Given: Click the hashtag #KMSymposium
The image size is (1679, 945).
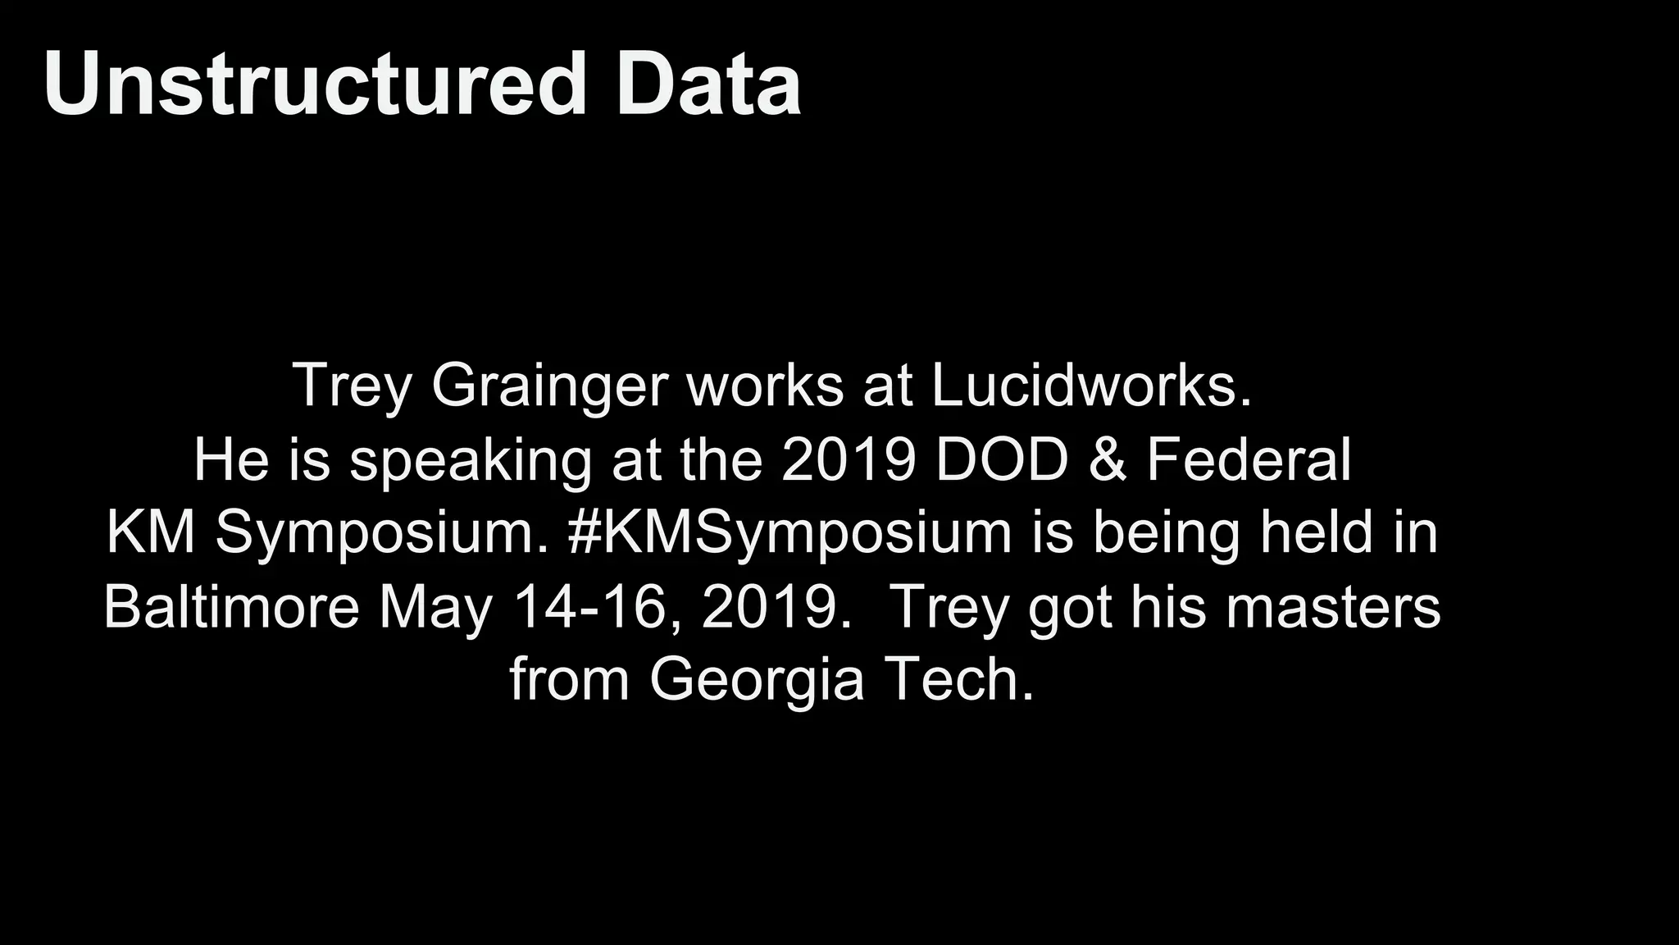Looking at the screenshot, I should tap(789, 534).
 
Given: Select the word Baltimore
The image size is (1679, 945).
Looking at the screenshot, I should tap(232, 607).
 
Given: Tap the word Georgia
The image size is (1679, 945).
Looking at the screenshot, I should tap(757, 681).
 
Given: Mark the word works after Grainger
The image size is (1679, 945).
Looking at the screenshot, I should tap(766, 386).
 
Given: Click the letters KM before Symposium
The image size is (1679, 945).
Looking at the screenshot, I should tap(151, 532).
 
